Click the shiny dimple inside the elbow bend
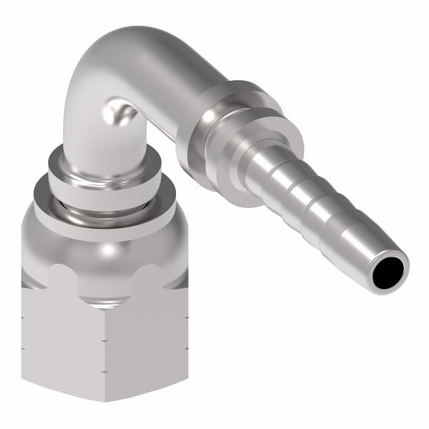pyautogui.click(x=117, y=114)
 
